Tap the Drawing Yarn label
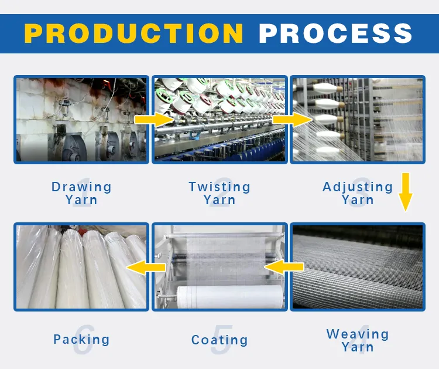tap(81, 193)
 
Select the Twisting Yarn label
tap(220, 193)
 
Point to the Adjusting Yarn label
tap(358, 193)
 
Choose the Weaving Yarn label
tap(358, 340)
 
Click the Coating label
tap(220, 340)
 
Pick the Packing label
tap(81, 339)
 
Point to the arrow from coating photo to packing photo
tap(146, 268)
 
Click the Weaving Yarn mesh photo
tap(358, 266)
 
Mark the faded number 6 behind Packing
tap(83, 340)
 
